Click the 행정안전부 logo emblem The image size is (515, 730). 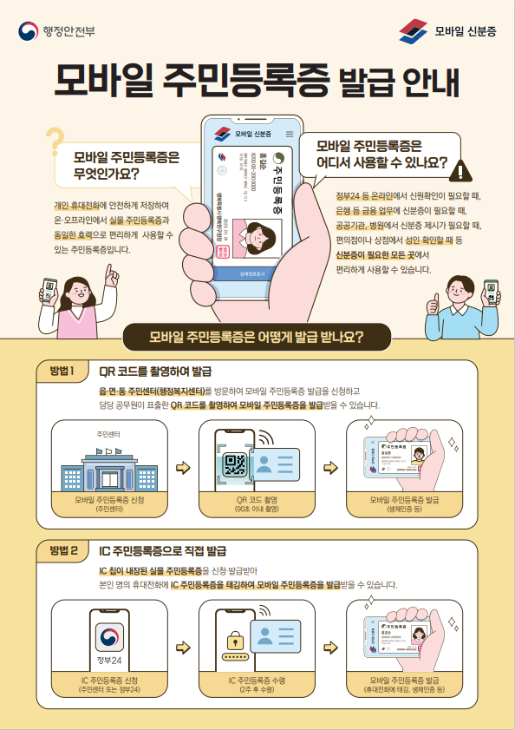click(29, 31)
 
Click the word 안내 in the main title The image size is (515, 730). click(426, 82)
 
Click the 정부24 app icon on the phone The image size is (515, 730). click(110, 638)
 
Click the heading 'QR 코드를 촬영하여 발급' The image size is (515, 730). click(155, 372)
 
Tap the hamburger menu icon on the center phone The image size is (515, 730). click(287, 135)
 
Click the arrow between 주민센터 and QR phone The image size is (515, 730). click(182, 469)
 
